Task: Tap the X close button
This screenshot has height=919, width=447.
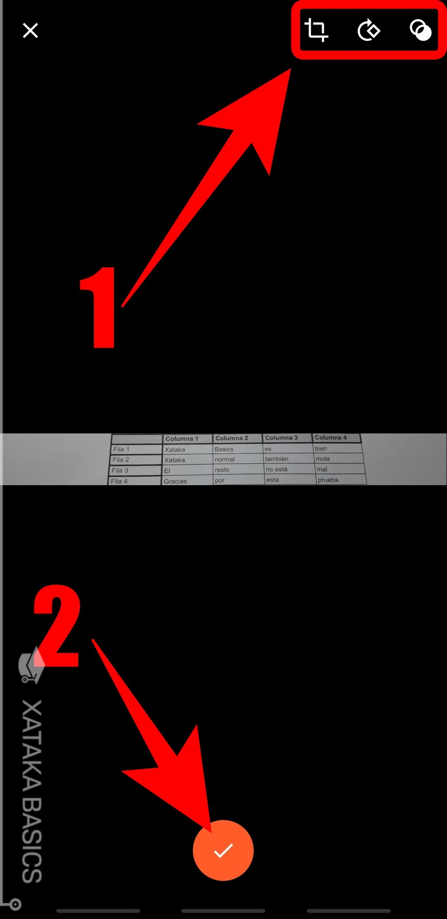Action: [x=30, y=31]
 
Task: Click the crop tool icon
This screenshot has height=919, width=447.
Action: [x=316, y=30]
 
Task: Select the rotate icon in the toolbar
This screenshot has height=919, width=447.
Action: [x=369, y=30]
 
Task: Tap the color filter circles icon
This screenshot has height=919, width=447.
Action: [x=420, y=30]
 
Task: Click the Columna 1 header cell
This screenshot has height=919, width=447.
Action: [x=188, y=438]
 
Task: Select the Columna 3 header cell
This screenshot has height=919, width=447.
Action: [x=287, y=437]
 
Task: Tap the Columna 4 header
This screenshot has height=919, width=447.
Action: [x=336, y=437]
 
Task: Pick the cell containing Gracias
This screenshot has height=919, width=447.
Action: [x=187, y=481]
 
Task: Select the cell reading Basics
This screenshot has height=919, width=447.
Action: [x=238, y=449]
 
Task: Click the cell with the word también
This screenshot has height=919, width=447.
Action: [x=289, y=459]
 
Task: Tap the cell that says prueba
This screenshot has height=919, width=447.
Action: [x=340, y=479]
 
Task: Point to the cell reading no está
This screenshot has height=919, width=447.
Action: [x=289, y=469]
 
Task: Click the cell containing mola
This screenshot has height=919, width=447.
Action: [x=339, y=459]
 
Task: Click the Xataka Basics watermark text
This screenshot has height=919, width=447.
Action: [x=32, y=791]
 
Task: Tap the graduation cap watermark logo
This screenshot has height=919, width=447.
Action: [x=31, y=665]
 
